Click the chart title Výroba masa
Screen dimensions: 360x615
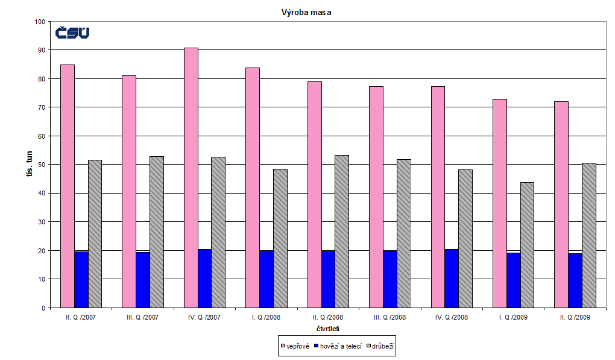click(307, 12)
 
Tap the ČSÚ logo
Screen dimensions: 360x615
click(72, 33)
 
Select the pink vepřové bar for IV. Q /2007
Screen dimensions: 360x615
click(191, 178)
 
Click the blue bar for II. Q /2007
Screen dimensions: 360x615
click(81, 279)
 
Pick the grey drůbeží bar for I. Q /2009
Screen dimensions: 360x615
click(527, 245)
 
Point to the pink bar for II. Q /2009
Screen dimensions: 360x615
click(561, 204)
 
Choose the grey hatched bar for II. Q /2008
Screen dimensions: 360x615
click(342, 231)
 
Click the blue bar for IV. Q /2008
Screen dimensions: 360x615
click(452, 278)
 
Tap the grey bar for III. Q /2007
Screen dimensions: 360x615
click(157, 232)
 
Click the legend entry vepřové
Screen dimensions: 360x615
click(295, 346)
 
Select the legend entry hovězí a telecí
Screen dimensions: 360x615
click(340, 346)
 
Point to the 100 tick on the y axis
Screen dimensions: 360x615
click(40, 22)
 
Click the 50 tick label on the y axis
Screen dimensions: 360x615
click(42, 165)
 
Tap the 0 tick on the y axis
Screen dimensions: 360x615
click(43, 308)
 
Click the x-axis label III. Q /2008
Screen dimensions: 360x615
click(389, 317)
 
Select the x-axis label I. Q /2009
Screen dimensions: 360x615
click(512, 317)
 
